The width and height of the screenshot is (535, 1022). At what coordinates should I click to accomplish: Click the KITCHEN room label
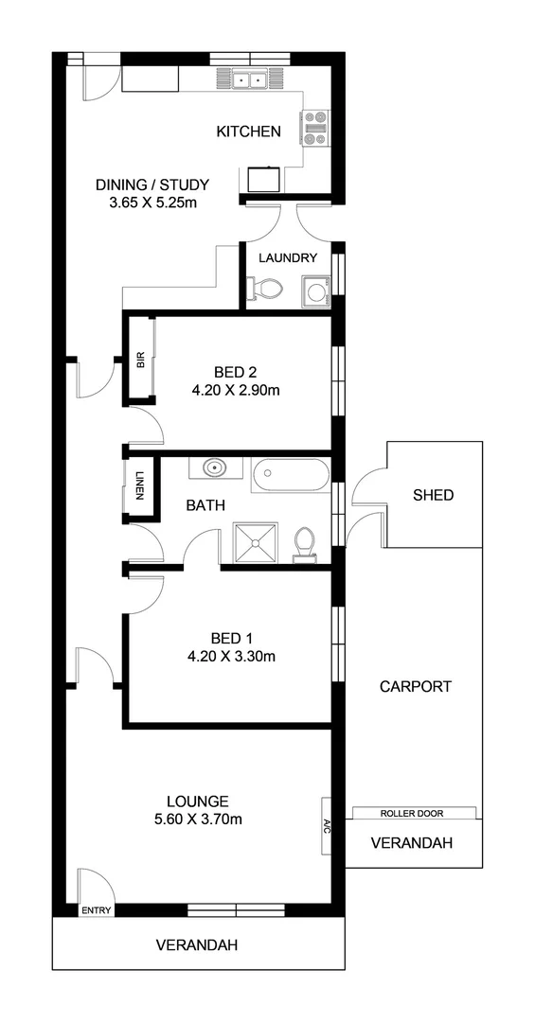pos(248,132)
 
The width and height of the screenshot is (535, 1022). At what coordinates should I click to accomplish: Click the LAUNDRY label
pos(288,257)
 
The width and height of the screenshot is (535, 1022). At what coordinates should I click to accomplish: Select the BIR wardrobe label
pos(140,360)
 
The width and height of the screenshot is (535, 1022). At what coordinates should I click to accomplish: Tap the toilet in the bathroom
pos(305,544)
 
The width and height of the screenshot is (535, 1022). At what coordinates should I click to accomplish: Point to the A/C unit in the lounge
pos(326,812)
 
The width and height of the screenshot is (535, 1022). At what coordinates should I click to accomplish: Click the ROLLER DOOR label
pos(412,813)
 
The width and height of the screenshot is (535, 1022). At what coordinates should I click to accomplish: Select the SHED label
pos(434,495)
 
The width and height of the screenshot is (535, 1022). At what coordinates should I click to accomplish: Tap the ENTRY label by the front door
pos(97,911)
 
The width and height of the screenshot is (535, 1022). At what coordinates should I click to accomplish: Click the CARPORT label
pos(415,687)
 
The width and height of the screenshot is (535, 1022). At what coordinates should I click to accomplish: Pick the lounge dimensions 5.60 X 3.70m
pos(197,819)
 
